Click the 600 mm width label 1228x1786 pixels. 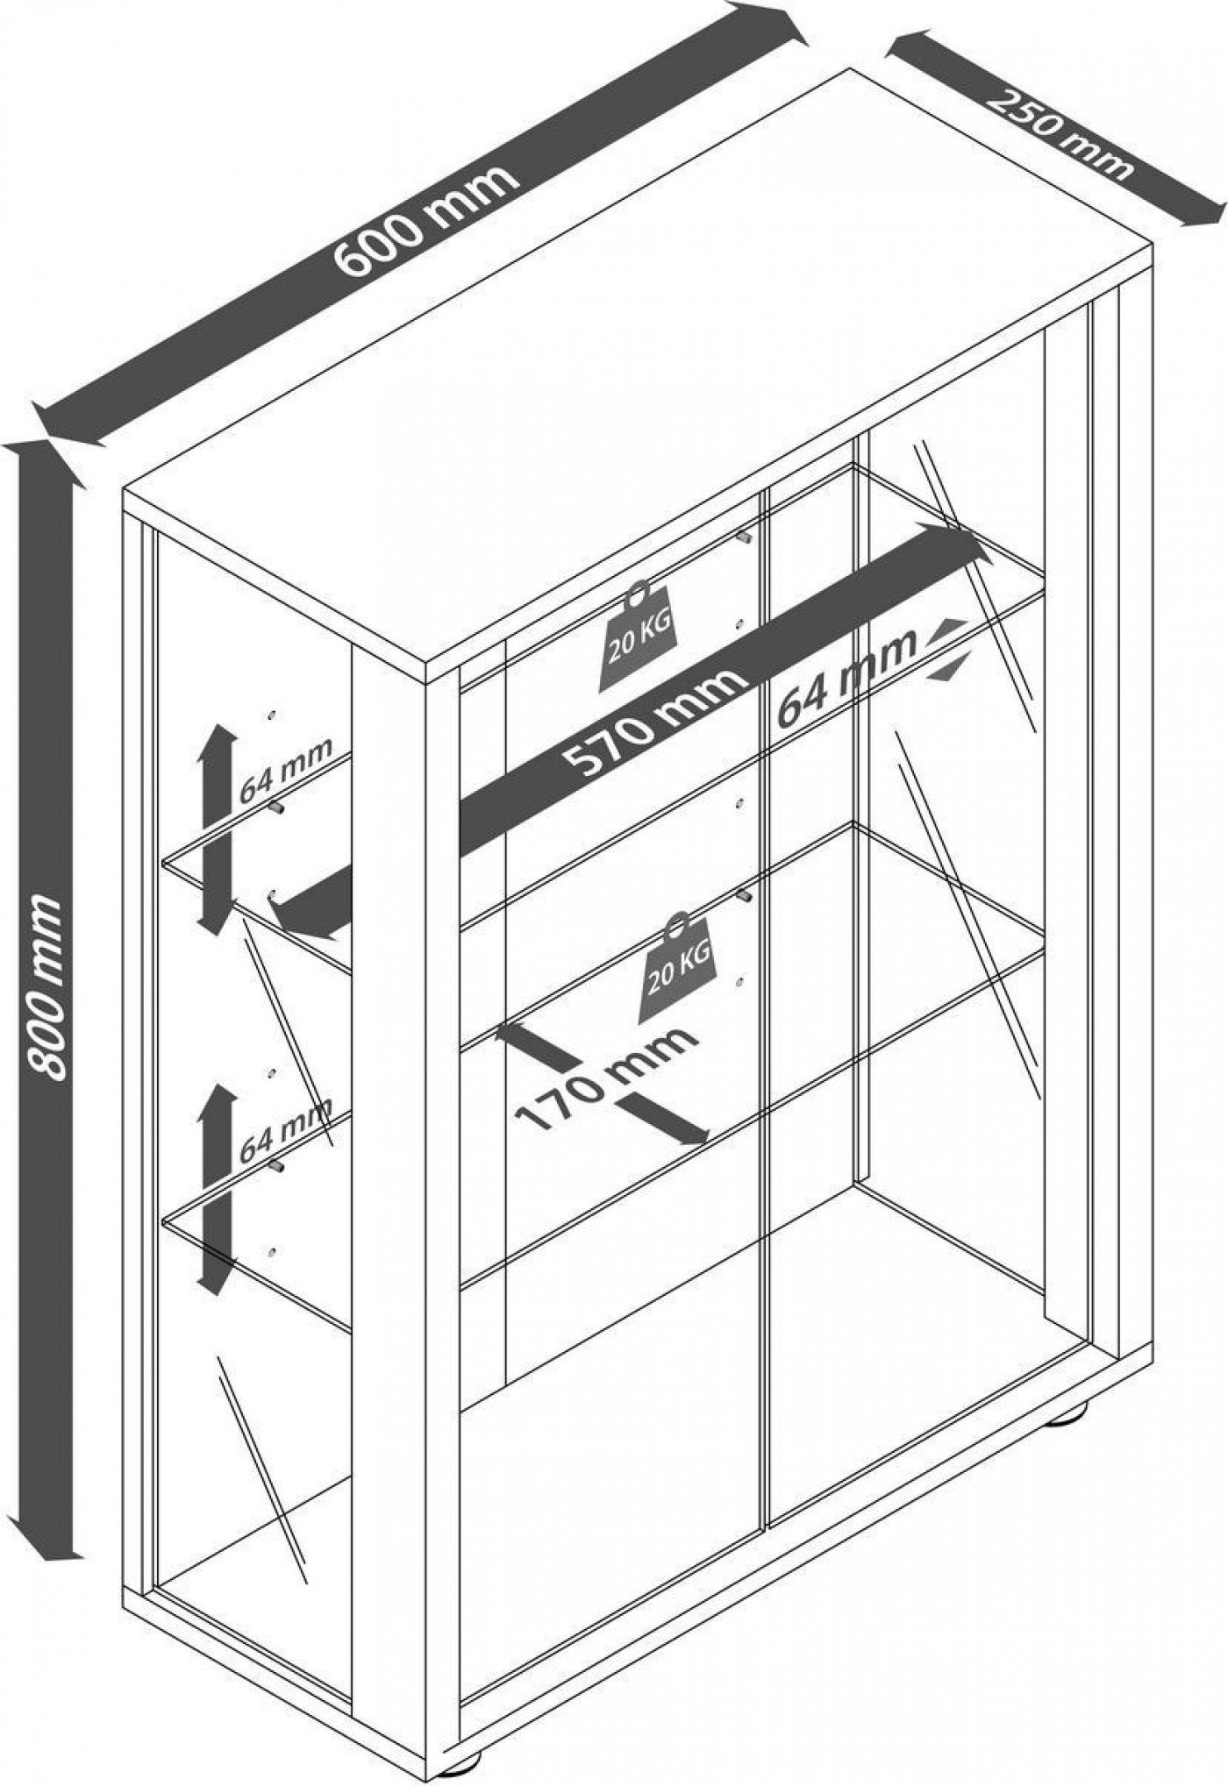tap(427, 220)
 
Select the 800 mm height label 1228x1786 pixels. tap(46, 986)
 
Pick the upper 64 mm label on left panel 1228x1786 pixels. tap(286, 770)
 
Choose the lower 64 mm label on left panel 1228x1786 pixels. tap(286, 1130)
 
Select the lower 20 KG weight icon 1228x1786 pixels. tap(677, 969)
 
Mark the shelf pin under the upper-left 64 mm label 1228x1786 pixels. tap(278, 808)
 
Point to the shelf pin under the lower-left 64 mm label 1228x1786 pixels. tap(277, 1167)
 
